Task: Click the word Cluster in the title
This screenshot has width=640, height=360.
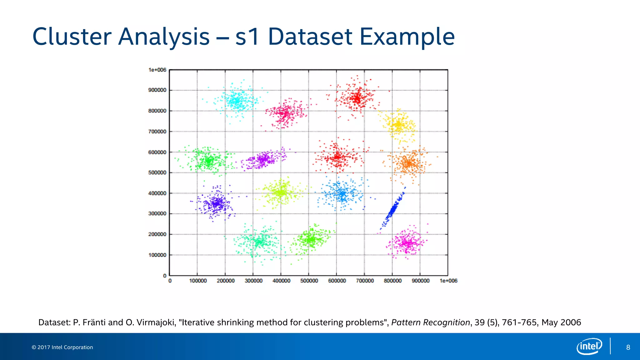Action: coord(72,37)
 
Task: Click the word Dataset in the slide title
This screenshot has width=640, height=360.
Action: coord(310,37)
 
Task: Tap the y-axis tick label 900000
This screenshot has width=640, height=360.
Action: coord(157,90)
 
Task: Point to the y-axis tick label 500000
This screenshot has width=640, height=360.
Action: coord(157,172)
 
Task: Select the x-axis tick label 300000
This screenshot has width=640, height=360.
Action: coord(253,281)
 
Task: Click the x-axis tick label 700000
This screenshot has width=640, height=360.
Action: coord(365,281)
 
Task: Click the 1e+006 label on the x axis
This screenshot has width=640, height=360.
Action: coord(448,281)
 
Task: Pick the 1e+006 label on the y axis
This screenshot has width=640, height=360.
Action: coord(157,70)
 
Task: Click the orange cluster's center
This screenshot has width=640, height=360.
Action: coord(408,163)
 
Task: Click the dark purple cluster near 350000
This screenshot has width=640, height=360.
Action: coord(216,203)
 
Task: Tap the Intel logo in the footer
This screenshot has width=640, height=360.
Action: coord(589,346)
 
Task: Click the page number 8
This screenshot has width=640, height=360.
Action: coord(628,347)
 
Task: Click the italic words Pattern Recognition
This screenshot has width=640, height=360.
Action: coord(430,322)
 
